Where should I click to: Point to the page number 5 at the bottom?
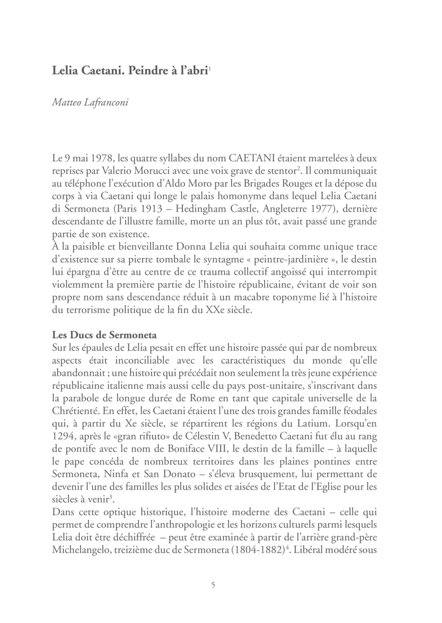[x=213, y=585]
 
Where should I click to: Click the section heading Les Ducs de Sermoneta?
[x=104, y=335]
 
